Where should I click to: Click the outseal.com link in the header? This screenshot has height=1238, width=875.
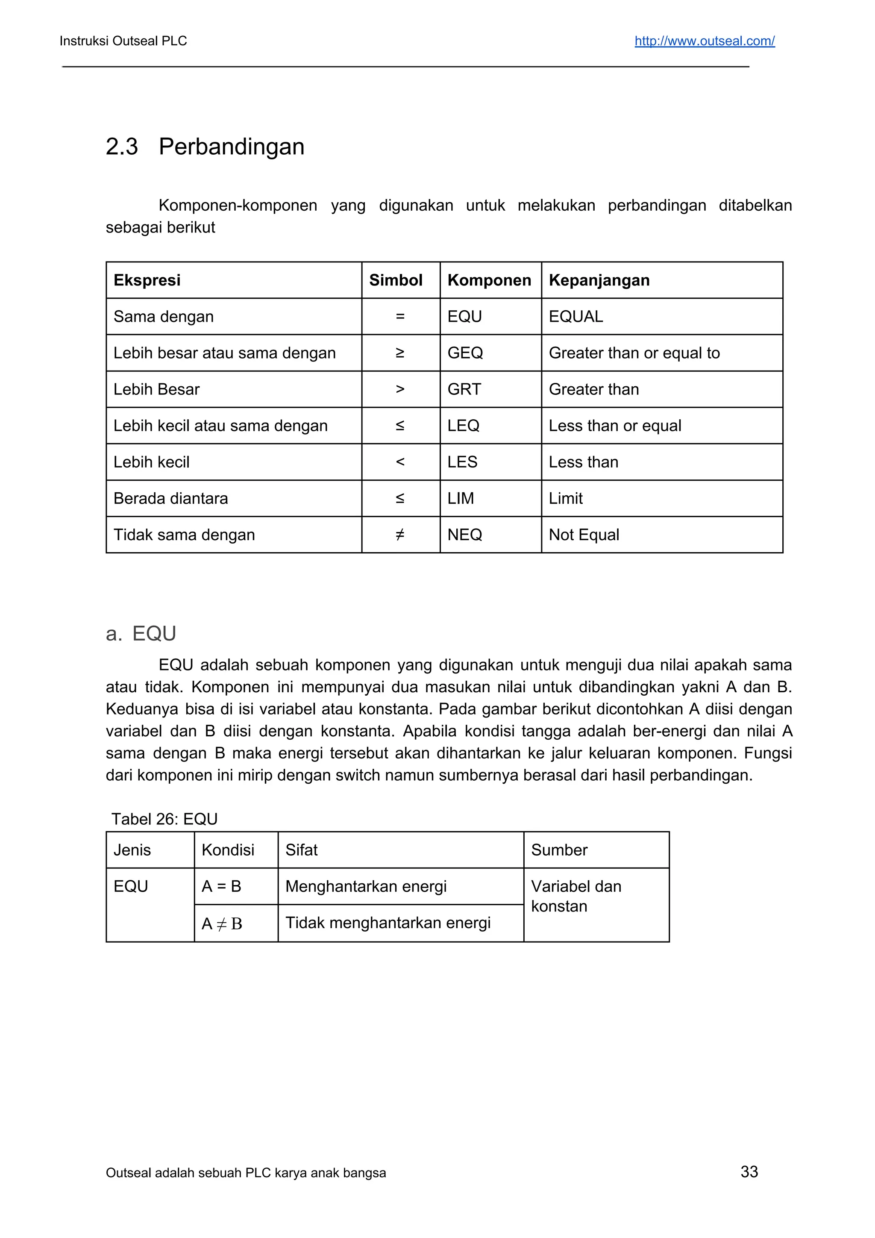pos(704,41)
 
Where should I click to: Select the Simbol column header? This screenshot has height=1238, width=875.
pos(395,280)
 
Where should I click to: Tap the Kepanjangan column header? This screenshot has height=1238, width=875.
pos(599,280)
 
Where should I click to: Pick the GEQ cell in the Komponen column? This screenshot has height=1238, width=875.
pos(465,353)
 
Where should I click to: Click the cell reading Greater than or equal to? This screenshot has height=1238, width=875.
pos(634,353)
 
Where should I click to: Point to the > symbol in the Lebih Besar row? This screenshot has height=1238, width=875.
pos(400,389)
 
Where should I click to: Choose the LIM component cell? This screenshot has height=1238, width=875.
pos(461,498)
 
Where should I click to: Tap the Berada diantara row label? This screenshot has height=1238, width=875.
pos(170,498)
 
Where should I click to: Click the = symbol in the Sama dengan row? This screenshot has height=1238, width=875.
pos(400,317)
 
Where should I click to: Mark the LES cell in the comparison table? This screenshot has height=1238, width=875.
pos(462,462)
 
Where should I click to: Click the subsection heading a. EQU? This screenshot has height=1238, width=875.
pos(141,634)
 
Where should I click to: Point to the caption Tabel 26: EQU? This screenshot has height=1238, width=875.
pos(164,819)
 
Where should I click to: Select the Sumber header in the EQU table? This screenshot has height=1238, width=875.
pos(559,850)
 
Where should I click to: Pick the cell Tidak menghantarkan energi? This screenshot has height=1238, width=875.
pos(388,923)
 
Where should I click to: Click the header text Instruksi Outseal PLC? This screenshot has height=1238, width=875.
pos(123,41)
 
